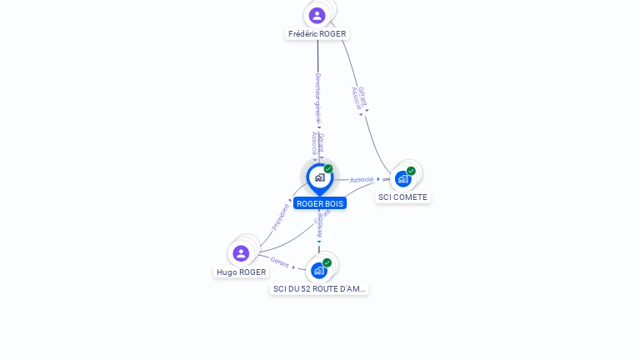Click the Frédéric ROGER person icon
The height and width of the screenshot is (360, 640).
pos(317,15)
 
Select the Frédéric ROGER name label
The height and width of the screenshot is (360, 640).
pos(317,34)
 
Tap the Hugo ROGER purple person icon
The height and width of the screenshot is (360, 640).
pos(241,253)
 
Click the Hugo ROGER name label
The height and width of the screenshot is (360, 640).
pos(242,272)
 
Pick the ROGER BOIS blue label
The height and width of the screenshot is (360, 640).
pos(320,203)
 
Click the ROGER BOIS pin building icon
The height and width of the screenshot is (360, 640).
pos(319,177)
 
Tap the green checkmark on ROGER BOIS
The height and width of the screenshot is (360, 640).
pos(328,169)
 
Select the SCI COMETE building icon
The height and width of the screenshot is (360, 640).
pos(403,179)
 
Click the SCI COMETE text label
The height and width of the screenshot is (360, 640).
pos(402,197)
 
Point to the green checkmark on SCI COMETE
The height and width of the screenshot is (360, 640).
pos(411,171)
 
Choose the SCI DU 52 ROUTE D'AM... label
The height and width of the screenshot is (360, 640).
pos(319,288)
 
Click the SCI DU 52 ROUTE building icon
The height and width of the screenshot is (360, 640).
pos(318,271)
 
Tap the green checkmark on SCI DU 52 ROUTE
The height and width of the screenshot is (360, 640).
pos(327,262)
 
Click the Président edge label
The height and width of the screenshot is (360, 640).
pos(281,217)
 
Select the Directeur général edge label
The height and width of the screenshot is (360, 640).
pos(317,97)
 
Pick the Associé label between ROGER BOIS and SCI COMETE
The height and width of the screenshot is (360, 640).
pos(362,179)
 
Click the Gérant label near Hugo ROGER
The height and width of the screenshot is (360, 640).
pos(280,262)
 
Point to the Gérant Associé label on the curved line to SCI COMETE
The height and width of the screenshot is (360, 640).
pos(359,97)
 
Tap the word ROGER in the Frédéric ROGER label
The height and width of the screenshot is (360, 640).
pos(332,34)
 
